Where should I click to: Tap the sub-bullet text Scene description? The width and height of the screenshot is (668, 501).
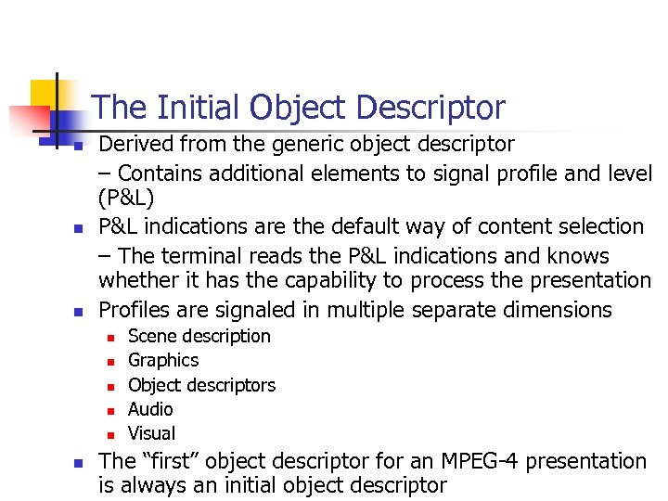tap(199, 336)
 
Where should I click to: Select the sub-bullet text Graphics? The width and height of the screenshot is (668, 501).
tap(163, 360)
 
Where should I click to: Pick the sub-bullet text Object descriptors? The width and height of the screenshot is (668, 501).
tap(201, 384)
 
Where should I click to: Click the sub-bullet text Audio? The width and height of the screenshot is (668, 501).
tap(150, 409)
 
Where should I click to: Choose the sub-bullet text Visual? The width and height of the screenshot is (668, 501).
tap(151, 433)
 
